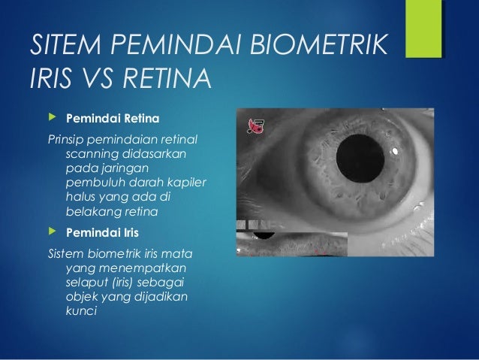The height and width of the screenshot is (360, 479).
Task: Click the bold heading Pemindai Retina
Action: (113, 119)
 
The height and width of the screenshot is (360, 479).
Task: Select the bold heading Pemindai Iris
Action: (104, 231)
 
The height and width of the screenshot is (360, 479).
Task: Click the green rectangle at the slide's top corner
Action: (423, 28)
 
